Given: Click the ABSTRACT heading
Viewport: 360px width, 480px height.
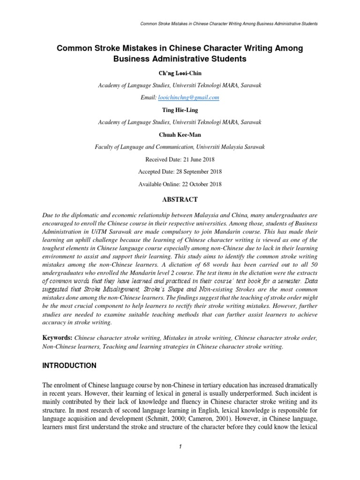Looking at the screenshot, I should coord(180,199).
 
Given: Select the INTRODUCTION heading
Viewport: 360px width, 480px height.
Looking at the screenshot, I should coord(70,365).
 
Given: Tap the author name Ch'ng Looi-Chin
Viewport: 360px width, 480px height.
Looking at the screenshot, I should coord(180,73).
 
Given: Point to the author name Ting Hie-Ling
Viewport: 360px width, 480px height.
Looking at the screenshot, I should coord(180,110).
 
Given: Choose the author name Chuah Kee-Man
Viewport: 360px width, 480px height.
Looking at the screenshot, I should coord(180,134).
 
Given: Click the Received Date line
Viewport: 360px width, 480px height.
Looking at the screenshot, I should coord(180,159).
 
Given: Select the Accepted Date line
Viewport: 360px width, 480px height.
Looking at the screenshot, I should coord(180,172).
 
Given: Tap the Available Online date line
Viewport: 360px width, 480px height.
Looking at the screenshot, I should coord(180,184).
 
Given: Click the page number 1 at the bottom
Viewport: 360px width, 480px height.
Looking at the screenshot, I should coord(180,446).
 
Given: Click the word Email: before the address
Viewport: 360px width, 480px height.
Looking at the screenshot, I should coord(147,97).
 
